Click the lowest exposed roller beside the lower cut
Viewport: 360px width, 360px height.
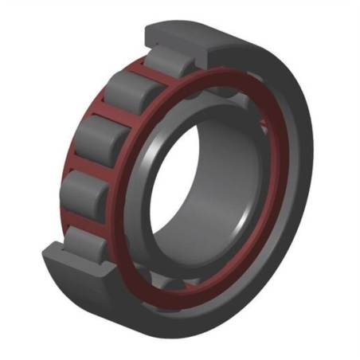[84, 239]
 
